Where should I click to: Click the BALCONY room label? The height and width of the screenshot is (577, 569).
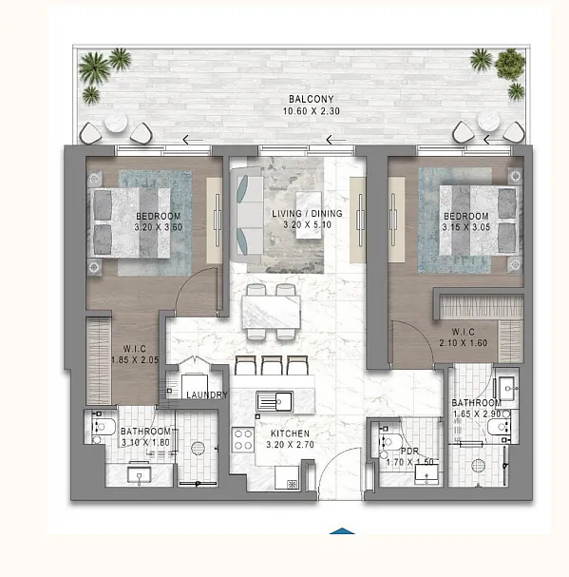tap(312, 99)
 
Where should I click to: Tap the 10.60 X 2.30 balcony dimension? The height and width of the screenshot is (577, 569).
tap(312, 111)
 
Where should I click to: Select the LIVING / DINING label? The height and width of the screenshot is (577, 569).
tap(307, 214)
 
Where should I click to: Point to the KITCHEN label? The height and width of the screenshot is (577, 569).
tap(290, 433)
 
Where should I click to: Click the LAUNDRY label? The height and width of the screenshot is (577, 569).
tap(207, 394)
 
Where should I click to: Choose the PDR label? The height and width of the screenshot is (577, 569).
tap(409, 451)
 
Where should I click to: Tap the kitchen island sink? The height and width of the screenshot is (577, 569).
tap(275, 401)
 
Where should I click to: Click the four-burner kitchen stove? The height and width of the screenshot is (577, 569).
tap(243, 440)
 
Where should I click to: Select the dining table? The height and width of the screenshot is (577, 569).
tap(271, 313)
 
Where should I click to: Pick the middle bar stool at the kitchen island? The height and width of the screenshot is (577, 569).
tap(272, 365)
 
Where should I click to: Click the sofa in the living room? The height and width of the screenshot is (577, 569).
tap(246, 215)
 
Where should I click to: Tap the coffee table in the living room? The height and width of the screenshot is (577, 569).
tap(309, 215)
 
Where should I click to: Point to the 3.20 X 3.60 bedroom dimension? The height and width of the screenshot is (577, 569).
tap(158, 227)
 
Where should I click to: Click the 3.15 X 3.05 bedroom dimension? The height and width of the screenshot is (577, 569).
tap(466, 227)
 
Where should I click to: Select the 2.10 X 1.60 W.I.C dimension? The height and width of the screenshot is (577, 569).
tap(463, 343)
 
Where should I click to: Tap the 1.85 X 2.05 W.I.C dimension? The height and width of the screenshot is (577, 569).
tap(135, 360)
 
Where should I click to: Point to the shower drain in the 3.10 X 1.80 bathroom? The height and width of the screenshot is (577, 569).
tap(198, 449)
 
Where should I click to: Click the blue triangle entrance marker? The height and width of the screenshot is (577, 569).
tap(342, 531)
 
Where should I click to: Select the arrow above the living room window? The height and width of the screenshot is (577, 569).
tap(336, 140)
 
